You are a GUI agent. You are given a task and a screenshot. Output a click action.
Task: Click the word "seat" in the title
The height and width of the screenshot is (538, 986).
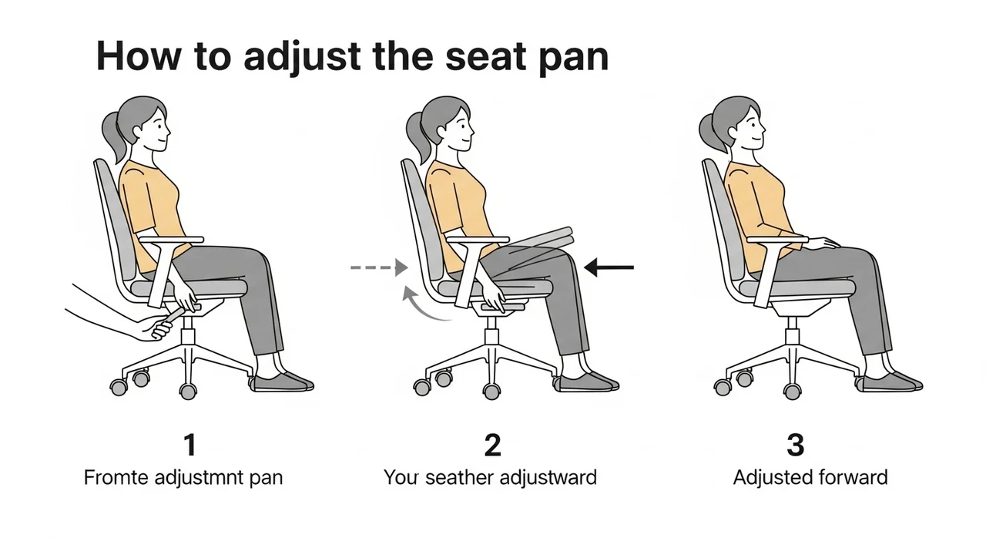tap(486, 57)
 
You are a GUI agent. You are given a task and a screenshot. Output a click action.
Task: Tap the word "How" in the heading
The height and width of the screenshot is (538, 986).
tap(139, 56)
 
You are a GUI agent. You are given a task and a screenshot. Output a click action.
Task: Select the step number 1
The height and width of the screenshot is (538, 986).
tap(189, 445)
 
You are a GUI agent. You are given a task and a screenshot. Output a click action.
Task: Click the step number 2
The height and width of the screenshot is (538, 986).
tap(492, 445)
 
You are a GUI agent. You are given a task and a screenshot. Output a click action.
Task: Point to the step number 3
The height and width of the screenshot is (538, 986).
tap(796, 445)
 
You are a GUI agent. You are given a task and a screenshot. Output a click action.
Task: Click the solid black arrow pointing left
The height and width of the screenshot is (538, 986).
tap(609, 267)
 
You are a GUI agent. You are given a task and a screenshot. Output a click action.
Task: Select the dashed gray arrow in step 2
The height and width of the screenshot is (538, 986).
tap(379, 267)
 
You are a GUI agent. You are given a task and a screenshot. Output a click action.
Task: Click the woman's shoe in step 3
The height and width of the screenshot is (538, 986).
tap(892, 382)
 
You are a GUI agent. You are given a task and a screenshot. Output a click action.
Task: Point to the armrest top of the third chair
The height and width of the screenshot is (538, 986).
tap(778, 240)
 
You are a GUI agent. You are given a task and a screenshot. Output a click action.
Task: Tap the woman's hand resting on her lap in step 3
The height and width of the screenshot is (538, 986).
tap(825, 243)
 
